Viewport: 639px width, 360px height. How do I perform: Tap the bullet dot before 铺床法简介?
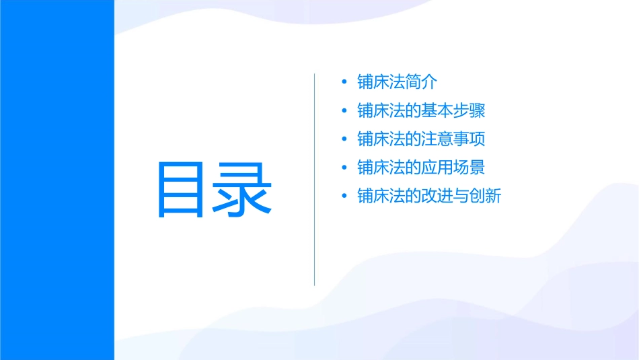[344, 82]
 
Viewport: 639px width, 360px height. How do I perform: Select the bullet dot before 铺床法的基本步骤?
[344, 110]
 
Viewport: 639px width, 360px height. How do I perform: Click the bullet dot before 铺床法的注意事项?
[344, 139]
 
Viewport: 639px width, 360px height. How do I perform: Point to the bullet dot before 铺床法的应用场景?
[344, 168]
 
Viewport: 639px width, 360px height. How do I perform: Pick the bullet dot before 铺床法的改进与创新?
[344, 196]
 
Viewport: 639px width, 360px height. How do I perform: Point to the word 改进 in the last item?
[438, 196]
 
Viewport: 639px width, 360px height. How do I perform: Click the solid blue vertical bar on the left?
[57, 180]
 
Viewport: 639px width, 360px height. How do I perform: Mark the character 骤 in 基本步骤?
[478, 110]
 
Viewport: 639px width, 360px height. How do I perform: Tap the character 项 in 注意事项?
[478, 139]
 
